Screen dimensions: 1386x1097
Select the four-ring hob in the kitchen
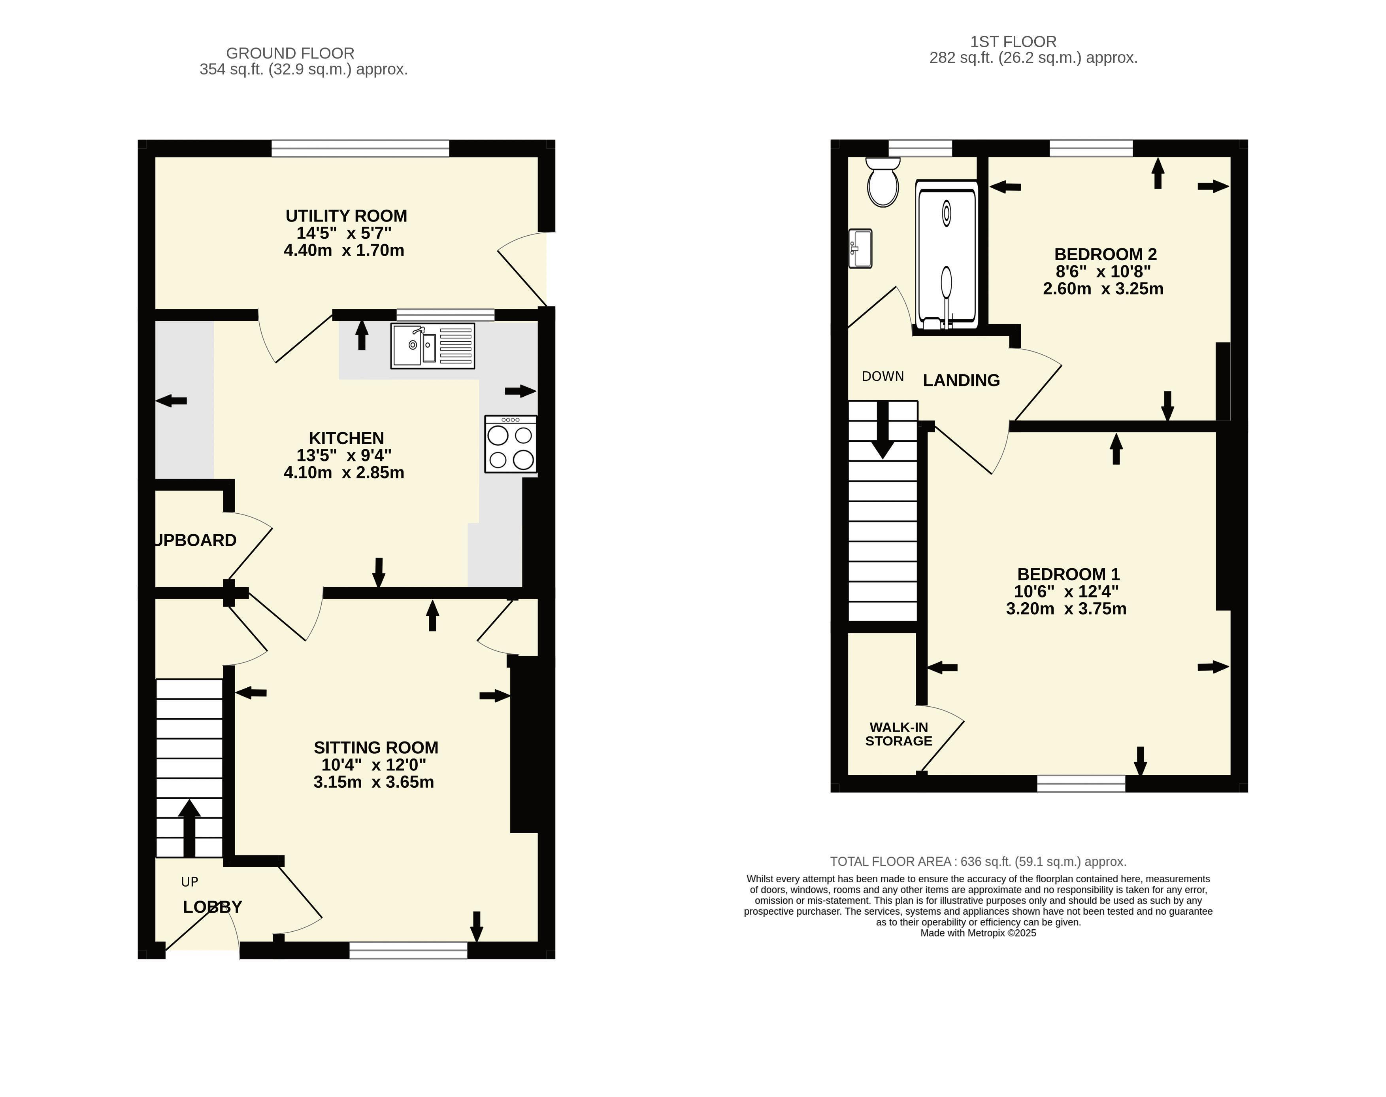click(x=510, y=444)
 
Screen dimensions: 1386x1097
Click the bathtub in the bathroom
click(x=947, y=255)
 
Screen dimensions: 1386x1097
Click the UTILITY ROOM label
click(x=346, y=216)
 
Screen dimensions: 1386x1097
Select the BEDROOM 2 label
click(x=1105, y=254)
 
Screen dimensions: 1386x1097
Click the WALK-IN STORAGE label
click(x=899, y=734)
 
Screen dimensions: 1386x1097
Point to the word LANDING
click(x=961, y=380)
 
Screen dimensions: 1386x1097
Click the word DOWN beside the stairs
click(x=883, y=376)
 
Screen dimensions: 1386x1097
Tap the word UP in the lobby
click(x=189, y=882)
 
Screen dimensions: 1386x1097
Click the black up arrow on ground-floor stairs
click(x=189, y=828)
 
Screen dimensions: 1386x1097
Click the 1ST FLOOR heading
click(x=1013, y=42)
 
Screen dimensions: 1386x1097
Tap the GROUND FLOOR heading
click(x=290, y=53)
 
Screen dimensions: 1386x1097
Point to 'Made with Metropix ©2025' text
click(x=979, y=933)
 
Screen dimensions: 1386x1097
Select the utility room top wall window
click(x=360, y=148)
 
